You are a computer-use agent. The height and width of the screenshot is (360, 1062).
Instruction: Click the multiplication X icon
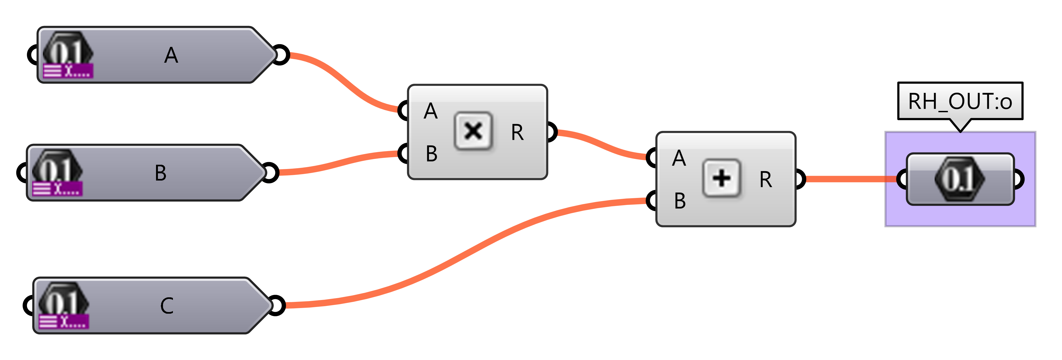coord(473,131)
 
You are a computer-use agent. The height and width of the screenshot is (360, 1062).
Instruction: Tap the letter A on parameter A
coord(171,55)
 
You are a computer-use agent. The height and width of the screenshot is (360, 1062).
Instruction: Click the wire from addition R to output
coord(849,179)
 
